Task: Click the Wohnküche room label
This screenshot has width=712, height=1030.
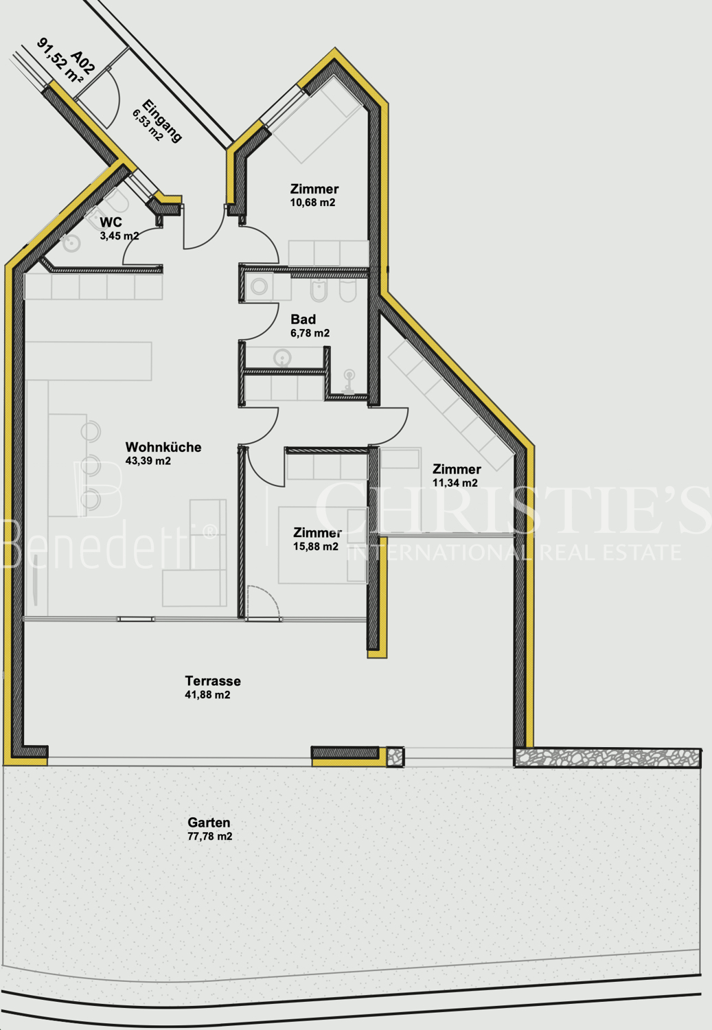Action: coord(163,447)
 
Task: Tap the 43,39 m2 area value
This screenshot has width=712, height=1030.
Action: coord(148,461)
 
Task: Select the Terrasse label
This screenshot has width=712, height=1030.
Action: coord(213,681)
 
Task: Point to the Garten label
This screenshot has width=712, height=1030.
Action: coord(209,823)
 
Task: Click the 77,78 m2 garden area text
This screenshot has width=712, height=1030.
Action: coord(209,836)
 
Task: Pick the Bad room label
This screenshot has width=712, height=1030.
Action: coord(303,319)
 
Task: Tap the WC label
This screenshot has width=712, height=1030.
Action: coord(111,222)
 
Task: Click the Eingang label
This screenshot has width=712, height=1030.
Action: coord(162,120)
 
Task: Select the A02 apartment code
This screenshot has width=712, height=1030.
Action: coord(83,62)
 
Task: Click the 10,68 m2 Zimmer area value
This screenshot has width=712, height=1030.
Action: coord(312,203)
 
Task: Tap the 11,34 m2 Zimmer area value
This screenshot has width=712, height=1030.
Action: coord(455,483)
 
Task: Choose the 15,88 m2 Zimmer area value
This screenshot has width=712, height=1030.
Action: coord(316,547)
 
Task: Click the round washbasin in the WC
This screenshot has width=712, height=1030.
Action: coord(71,244)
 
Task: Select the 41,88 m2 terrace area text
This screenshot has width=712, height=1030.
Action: coord(207,695)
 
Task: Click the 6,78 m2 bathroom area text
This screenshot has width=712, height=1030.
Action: coord(310,333)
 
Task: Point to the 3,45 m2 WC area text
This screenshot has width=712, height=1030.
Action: coord(119,236)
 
